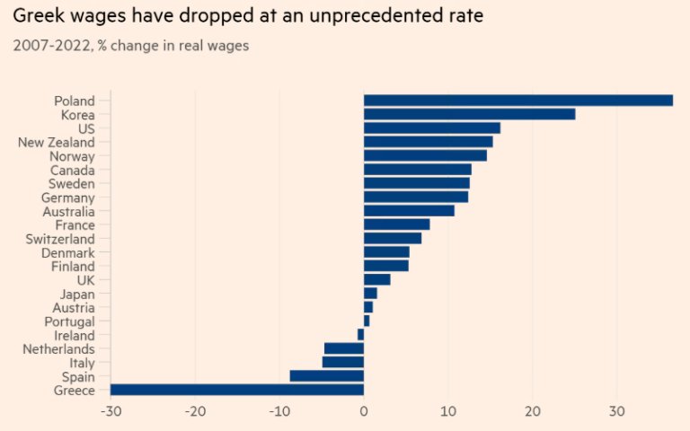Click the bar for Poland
tap(517, 101)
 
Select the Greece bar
tap(237, 390)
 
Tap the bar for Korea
tap(469, 114)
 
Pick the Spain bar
tap(327, 376)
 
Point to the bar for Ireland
tap(360, 335)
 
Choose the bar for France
tap(396, 224)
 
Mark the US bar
tap(431, 128)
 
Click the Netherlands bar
tap(344, 348)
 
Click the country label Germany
tap(68, 197)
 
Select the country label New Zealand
tap(57, 142)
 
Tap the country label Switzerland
tap(62, 239)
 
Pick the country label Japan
tap(77, 294)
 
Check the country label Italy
tap(82, 362)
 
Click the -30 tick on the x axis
tap(111, 411)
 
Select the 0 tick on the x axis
tap(364, 411)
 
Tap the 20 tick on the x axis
tap(533, 411)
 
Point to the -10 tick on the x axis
tap(279, 411)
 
